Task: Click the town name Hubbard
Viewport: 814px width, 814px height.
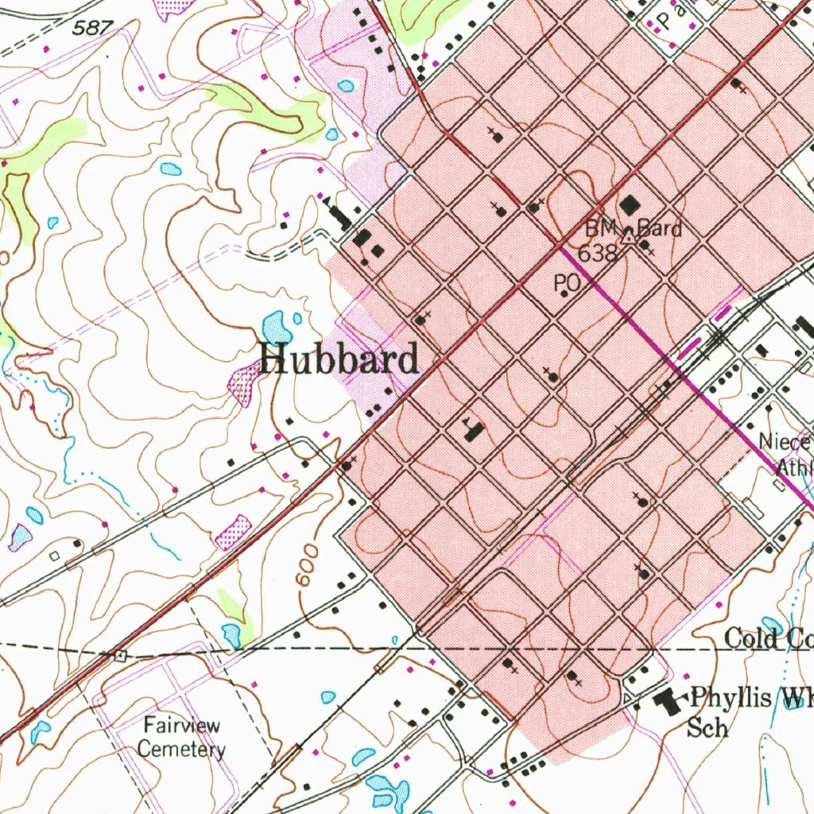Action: tap(339, 359)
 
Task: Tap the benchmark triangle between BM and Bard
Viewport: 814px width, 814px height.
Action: tap(628, 236)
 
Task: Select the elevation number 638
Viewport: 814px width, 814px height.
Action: tap(598, 254)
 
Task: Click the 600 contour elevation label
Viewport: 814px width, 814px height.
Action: tap(308, 566)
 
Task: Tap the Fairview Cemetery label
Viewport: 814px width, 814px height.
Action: tap(181, 737)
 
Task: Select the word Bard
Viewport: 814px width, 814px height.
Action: tap(659, 229)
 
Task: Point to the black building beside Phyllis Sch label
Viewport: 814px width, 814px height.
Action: tap(666, 700)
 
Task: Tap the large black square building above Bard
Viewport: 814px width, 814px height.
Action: tap(630, 205)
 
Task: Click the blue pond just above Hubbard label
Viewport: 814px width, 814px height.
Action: tap(275, 326)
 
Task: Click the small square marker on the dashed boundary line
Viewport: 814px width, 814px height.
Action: tap(120, 656)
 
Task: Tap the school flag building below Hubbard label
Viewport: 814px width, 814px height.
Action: tap(474, 430)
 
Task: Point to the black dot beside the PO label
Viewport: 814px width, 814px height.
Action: tap(564, 294)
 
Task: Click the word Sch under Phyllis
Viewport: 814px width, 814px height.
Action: tap(707, 727)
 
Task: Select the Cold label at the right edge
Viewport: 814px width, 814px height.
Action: tap(752, 638)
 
